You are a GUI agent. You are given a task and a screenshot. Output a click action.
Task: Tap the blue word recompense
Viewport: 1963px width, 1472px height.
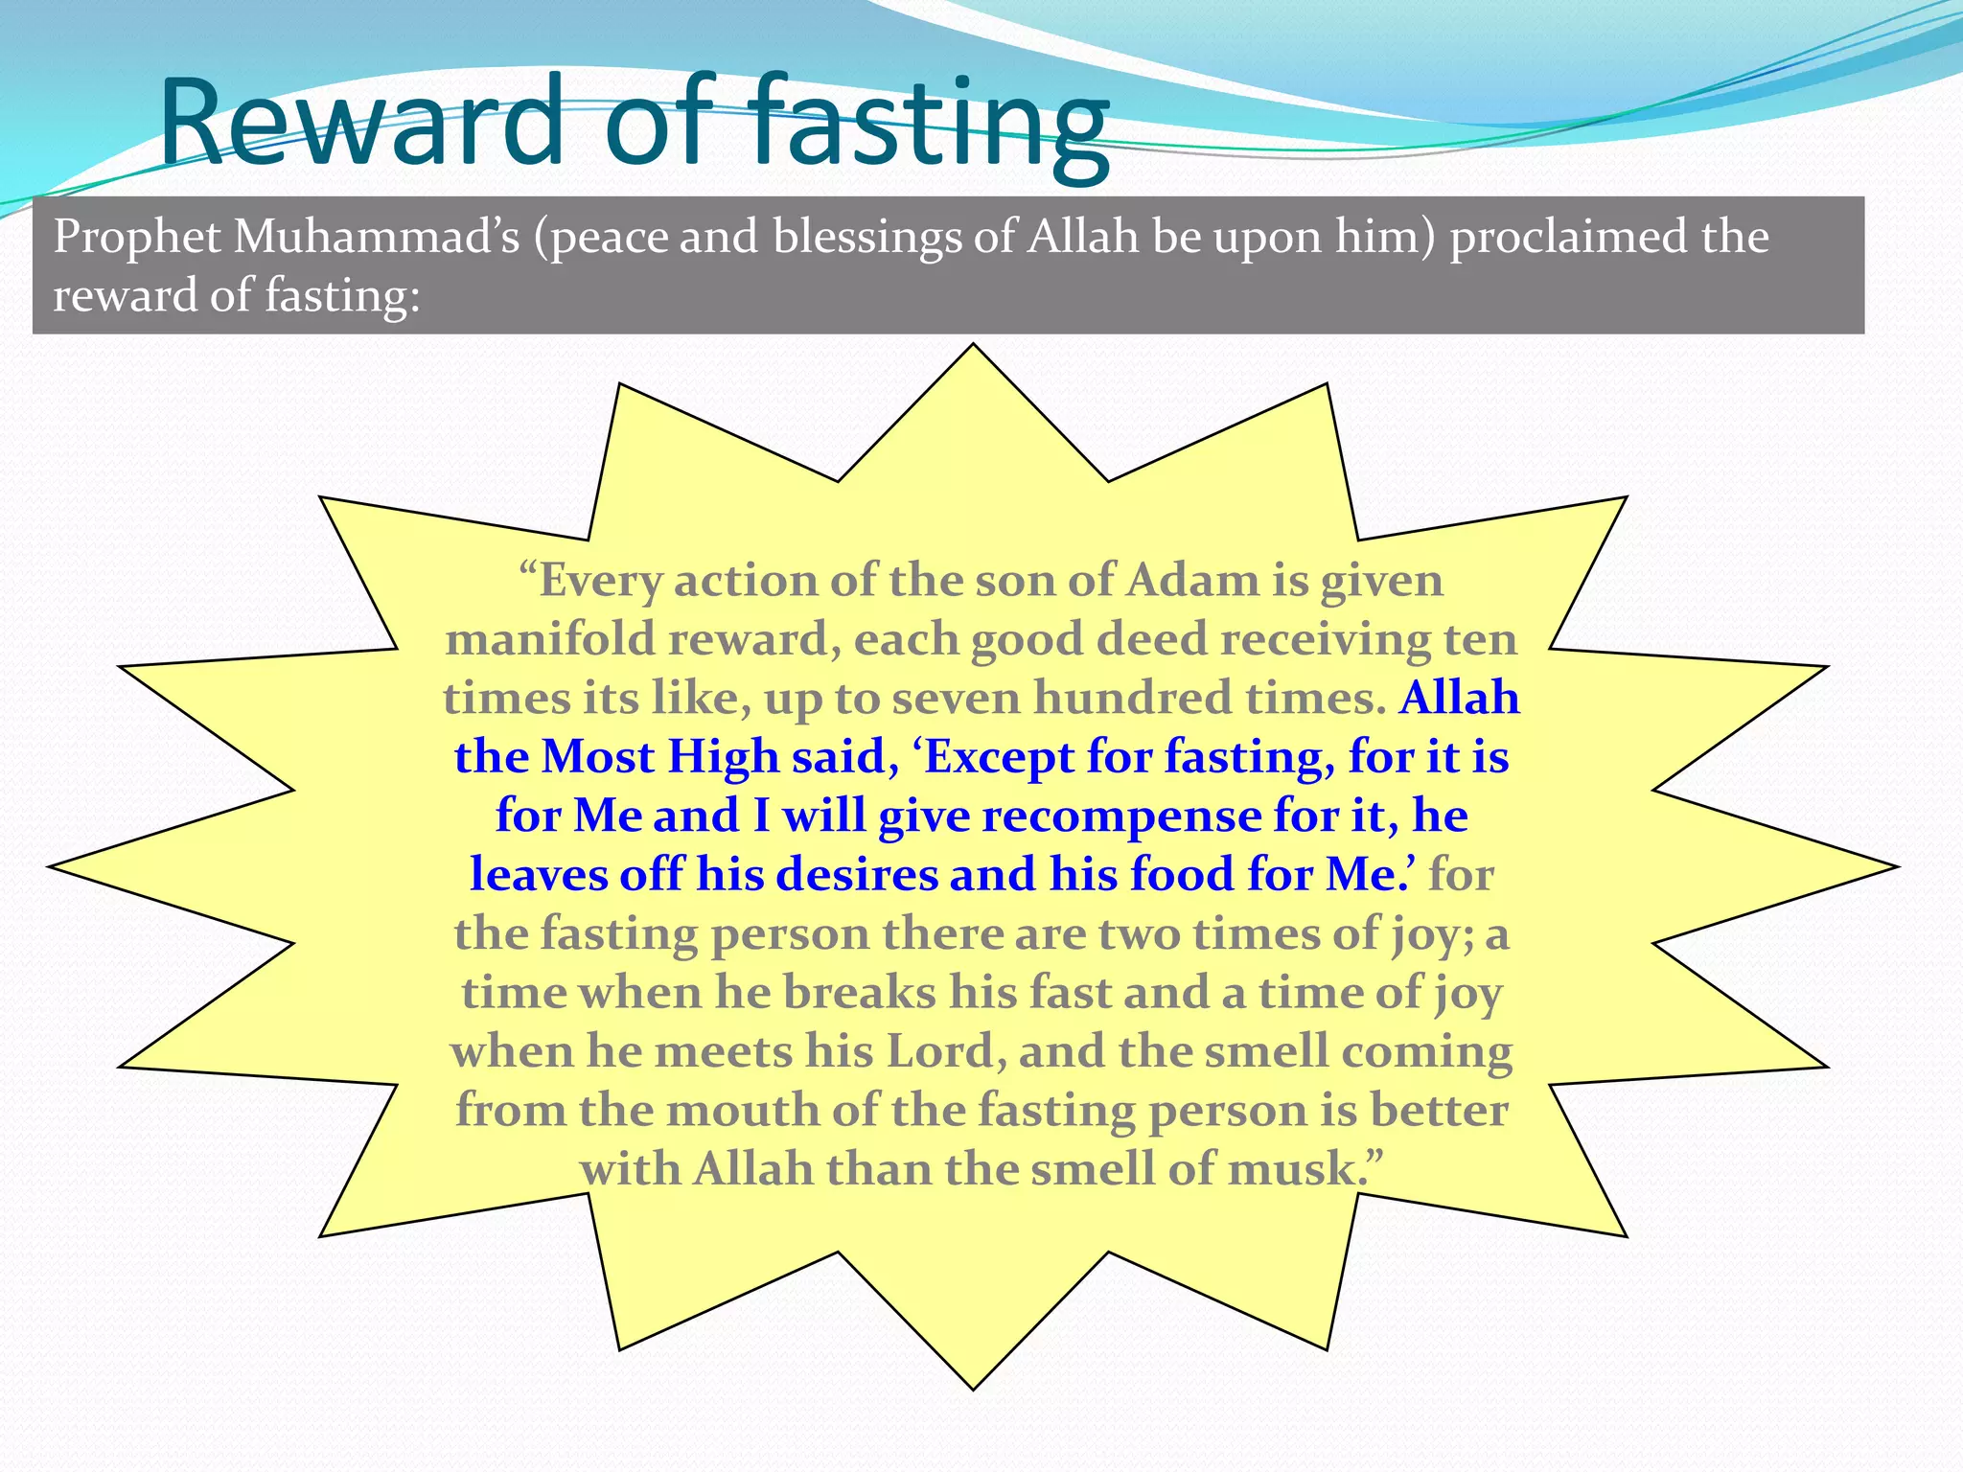pos(1120,816)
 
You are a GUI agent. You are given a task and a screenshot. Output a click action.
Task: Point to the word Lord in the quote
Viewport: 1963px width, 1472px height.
pos(940,1051)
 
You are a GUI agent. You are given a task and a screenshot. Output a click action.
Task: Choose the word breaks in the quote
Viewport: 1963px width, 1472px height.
pos(859,993)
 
